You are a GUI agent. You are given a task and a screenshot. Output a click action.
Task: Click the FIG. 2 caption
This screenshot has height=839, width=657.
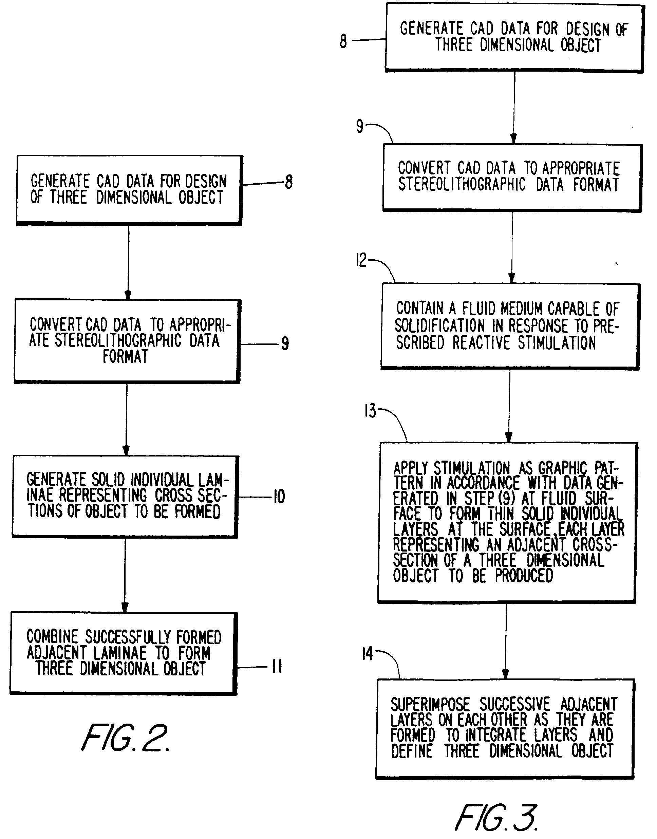(x=125, y=737)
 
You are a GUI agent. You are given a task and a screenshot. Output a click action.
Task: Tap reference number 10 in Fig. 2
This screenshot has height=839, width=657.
(x=279, y=497)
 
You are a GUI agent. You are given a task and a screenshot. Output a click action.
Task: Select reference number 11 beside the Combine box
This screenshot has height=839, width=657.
(x=277, y=666)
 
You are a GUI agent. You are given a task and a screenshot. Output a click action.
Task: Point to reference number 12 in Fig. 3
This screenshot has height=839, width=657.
(x=361, y=261)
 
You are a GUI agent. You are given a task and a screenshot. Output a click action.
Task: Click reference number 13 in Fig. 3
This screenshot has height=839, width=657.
(x=370, y=411)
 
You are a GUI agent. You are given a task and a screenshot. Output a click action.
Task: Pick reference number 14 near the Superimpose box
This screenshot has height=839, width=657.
(x=367, y=654)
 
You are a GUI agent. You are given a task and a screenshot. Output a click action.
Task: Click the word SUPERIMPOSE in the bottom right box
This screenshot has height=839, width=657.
(x=430, y=704)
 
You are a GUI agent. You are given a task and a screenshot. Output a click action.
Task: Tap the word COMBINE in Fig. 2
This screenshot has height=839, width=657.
(x=52, y=637)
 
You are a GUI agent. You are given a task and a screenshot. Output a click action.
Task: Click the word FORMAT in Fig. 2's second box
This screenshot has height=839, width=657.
(x=125, y=357)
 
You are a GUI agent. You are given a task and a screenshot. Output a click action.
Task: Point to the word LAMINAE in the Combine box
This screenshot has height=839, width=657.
(x=120, y=653)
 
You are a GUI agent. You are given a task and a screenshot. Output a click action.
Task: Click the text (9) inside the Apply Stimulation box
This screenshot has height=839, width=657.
(x=506, y=499)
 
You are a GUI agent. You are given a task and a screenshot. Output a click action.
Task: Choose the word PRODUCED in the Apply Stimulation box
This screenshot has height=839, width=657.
(x=524, y=576)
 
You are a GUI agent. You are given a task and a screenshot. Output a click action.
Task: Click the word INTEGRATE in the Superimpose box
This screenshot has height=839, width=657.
(x=495, y=735)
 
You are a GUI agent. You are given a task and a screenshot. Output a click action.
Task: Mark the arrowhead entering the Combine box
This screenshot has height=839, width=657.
(x=125, y=608)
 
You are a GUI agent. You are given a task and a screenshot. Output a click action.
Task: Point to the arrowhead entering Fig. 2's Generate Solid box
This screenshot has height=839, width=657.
(x=126, y=450)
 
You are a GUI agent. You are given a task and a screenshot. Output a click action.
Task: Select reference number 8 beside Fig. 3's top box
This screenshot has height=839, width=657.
(x=343, y=41)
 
